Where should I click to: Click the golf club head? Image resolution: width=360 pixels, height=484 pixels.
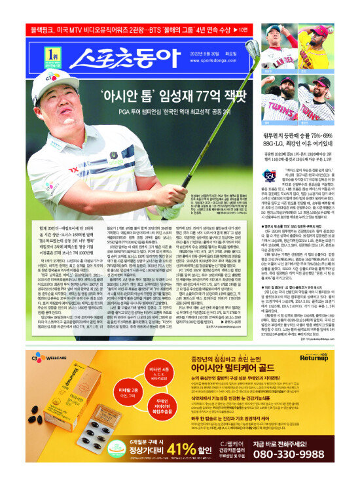[253, 48]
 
